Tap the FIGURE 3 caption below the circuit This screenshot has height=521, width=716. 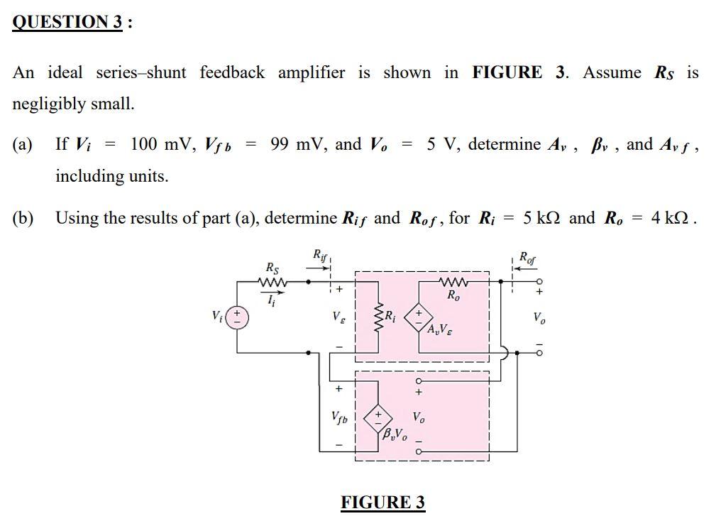tap(382, 503)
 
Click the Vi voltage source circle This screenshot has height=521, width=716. tap(237, 316)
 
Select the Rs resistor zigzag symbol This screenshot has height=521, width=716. tap(273, 282)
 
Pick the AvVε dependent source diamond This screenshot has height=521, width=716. tap(419, 316)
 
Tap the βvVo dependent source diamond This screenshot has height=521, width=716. tap(378, 416)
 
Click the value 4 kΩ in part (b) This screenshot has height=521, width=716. tap(672, 218)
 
